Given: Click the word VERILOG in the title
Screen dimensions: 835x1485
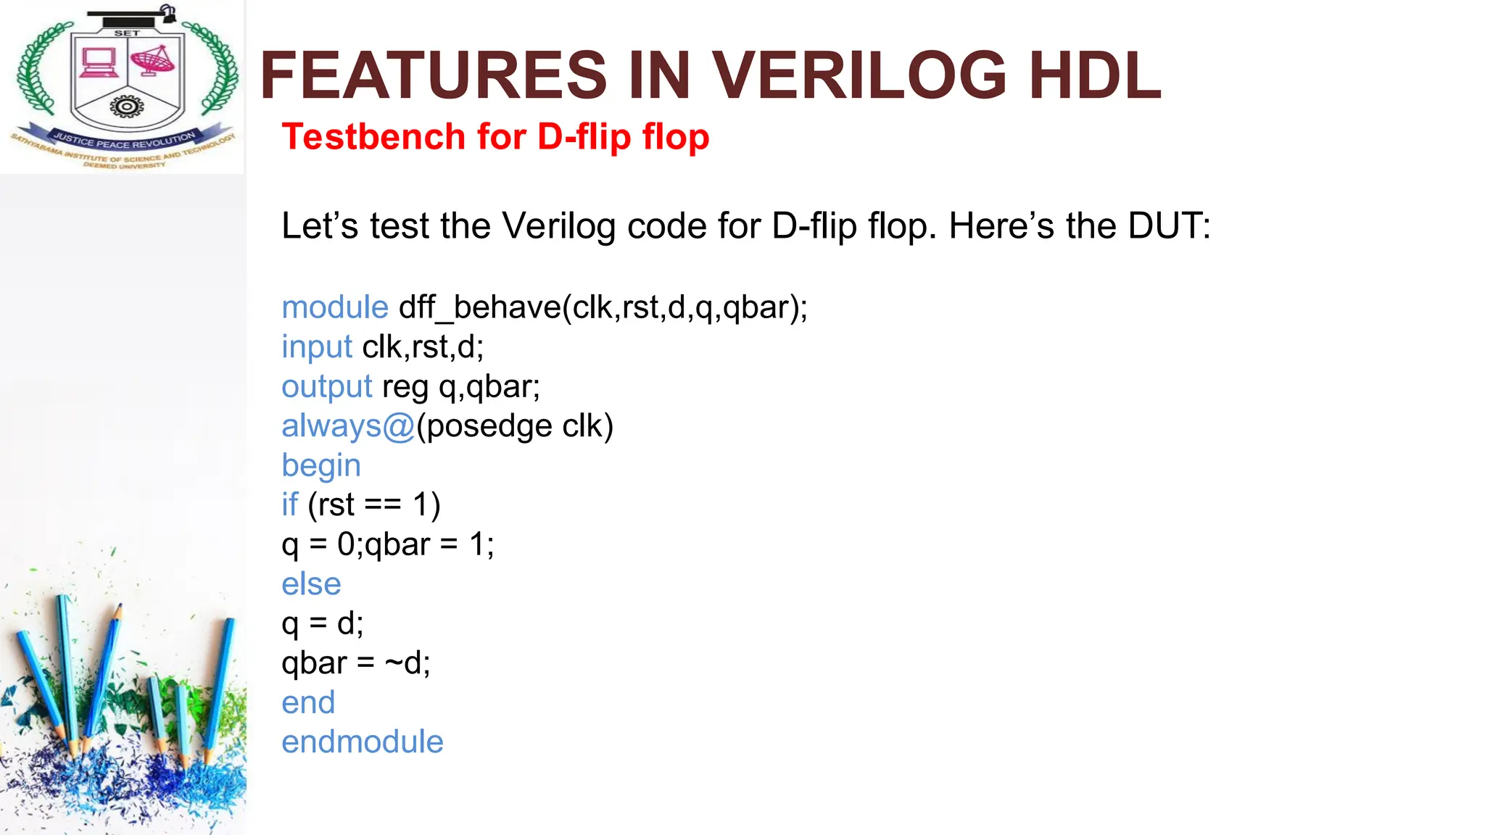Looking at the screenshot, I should coord(859,75).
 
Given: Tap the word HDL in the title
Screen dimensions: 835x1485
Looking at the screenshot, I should coord(1095,75).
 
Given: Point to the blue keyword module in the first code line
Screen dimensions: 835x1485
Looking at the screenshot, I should coord(335,307).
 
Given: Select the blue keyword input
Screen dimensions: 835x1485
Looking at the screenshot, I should coord(317,347).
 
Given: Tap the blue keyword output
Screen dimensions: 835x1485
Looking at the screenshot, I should coord(327,387).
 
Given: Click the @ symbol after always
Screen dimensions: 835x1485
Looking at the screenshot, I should coord(398,426).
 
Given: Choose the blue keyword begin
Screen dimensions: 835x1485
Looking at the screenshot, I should coord(321,466).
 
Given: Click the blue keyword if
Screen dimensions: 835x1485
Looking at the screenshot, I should coord(289,504).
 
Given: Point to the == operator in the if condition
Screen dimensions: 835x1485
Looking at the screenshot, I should coord(382,505).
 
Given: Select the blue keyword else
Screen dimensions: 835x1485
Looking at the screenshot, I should coord(311,584).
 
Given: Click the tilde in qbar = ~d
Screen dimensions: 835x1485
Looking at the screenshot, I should coord(394,663).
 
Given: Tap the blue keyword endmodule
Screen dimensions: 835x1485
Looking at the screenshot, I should coord(362,742).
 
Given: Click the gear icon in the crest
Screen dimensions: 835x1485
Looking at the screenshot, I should coord(127,107).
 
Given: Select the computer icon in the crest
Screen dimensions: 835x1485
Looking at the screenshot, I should coord(99,62).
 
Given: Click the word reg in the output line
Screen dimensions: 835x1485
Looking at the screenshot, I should coord(405,387).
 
